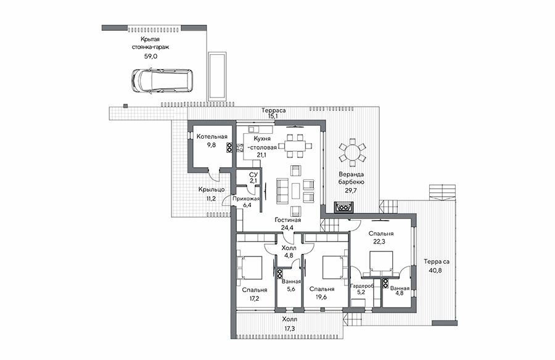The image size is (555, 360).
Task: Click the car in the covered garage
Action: (163, 81)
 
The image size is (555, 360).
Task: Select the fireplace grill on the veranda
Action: (343, 207)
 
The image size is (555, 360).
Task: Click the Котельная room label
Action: (212, 137)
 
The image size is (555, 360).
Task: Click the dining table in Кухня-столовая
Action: (295, 145)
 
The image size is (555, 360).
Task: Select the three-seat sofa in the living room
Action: (282, 191)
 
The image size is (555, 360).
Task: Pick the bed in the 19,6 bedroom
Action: (333, 268)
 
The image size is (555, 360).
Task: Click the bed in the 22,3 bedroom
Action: (381, 263)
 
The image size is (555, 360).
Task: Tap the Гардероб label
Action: (362, 286)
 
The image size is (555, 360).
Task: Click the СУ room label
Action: (253, 175)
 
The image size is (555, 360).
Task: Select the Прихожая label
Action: (245, 198)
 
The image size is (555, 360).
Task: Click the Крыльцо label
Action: (212, 190)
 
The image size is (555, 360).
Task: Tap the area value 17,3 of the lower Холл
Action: (289, 329)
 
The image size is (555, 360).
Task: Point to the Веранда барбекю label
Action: (351, 178)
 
